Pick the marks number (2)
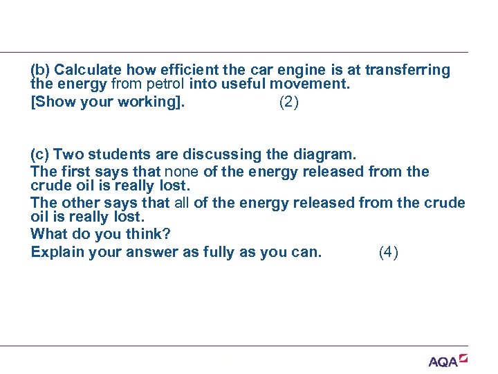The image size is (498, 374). point(289,103)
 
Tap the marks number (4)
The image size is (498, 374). point(389,252)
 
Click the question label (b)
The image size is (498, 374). point(41,71)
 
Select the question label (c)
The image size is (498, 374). point(40,154)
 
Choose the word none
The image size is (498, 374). point(180,171)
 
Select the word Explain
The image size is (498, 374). point(56,252)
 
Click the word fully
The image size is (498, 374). point(219,252)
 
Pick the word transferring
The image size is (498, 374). point(407,71)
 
